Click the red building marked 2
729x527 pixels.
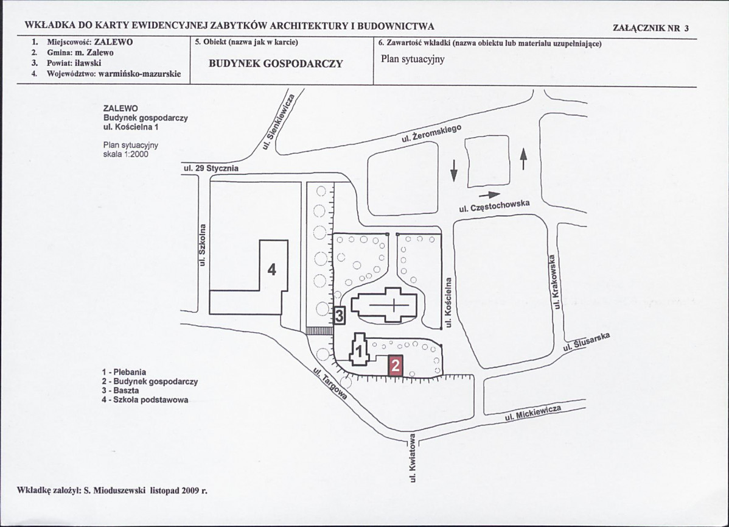395,366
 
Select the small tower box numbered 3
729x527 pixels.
340,316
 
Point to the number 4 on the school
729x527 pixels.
272,269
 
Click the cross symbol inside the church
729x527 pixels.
394,305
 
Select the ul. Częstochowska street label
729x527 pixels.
494,206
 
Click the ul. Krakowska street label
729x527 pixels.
555,281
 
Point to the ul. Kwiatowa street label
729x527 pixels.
413,459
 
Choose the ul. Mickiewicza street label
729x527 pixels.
533,413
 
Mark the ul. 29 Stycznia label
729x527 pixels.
211,168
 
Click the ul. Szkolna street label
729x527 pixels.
202,245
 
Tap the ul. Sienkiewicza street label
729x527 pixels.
278,122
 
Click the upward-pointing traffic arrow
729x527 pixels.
523,159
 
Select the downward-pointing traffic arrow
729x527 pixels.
454,170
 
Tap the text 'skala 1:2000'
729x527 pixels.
125,154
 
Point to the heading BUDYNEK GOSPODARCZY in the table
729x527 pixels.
276,64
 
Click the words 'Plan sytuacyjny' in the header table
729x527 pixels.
413,59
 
